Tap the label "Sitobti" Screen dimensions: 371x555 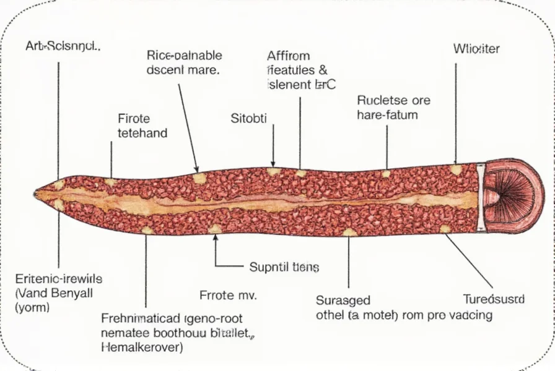coord(248,119)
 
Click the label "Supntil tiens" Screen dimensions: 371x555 coord(284,267)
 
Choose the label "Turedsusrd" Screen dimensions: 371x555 coord(494,299)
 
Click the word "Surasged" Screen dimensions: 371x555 coord(343,301)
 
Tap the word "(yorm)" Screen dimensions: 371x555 coord(32,306)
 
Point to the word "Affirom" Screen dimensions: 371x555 coord(289,56)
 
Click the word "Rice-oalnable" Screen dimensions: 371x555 coord(185,56)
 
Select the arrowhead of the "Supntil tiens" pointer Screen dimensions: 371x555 coord(216,237)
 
